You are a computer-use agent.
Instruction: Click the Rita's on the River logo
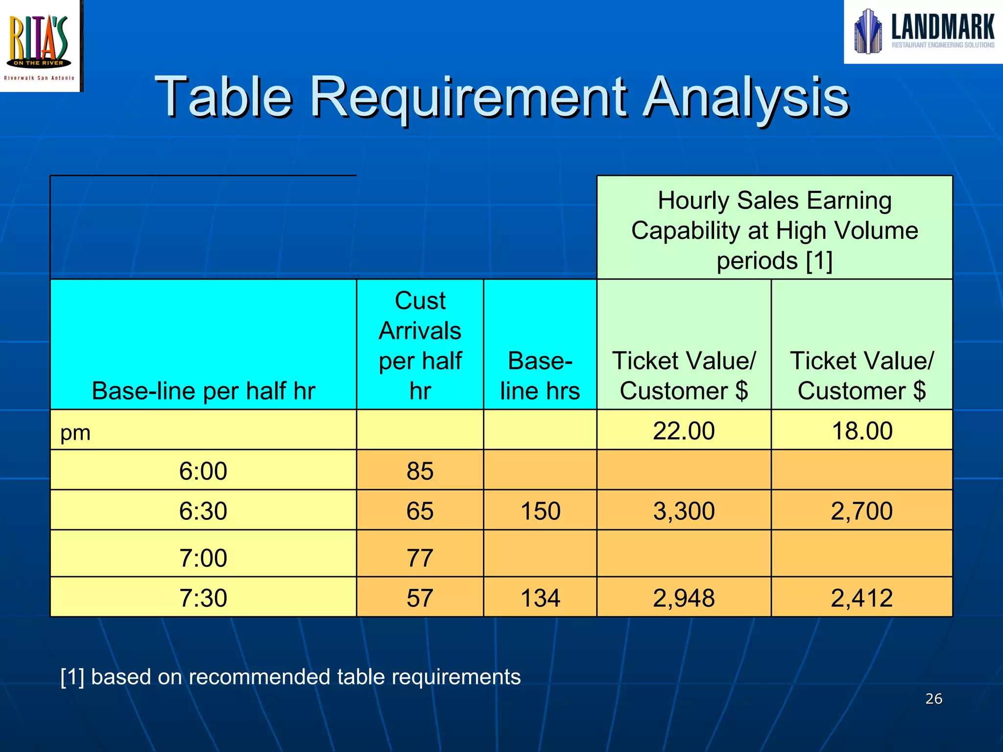pyautogui.click(x=40, y=45)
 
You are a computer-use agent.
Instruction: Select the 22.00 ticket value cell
pyautogui.click(x=684, y=431)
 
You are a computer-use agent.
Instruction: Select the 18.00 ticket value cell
pyautogui.click(x=862, y=431)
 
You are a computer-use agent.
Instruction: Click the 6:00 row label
pyautogui.click(x=203, y=471)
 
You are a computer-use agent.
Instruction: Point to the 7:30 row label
pyautogui.click(x=203, y=598)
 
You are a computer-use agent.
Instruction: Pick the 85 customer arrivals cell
pyautogui.click(x=420, y=471)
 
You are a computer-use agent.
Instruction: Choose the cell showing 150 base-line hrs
pyautogui.click(x=540, y=511)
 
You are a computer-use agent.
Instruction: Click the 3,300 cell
pyautogui.click(x=684, y=511)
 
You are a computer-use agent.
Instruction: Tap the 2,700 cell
pyautogui.click(x=862, y=511)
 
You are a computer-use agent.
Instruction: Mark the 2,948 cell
pyautogui.click(x=684, y=598)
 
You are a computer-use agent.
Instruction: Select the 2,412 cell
pyautogui.click(x=862, y=598)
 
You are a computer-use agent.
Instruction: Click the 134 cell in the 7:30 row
pyautogui.click(x=540, y=598)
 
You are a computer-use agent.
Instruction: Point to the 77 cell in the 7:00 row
pyautogui.click(x=420, y=558)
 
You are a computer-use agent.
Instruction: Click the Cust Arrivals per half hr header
pyautogui.click(x=420, y=345)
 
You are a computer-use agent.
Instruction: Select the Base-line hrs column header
pyautogui.click(x=540, y=376)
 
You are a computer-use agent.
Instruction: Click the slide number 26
pyautogui.click(x=933, y=699)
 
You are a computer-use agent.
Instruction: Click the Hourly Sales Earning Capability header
pyautogui.click(x=775, y=230)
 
